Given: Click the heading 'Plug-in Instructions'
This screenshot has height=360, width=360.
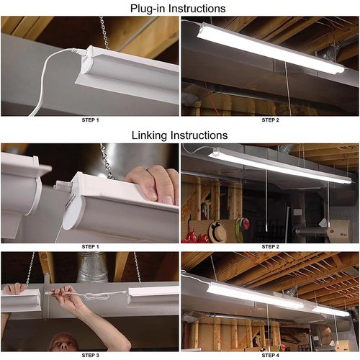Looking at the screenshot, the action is [178, 9].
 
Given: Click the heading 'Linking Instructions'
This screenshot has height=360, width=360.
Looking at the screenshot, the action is [179, 135].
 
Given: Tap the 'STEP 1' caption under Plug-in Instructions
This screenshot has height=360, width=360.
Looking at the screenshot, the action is [90, 120].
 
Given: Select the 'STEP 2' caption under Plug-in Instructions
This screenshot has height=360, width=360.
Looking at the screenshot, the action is [271, 120].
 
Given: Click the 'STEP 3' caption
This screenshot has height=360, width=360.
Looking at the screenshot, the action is [90, 355].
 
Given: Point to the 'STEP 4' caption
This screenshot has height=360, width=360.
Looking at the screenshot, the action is [271, 355].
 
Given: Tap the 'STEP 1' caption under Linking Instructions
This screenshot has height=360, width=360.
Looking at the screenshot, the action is [90, 246].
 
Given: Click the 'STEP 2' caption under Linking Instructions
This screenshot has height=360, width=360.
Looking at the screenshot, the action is [271, 246].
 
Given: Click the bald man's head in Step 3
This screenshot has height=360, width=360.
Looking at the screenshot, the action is [63, 342].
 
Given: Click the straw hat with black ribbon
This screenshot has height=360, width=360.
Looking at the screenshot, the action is [217, 231].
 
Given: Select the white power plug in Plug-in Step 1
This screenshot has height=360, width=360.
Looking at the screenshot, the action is [77, 51].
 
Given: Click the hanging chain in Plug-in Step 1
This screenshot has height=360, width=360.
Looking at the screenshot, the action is [104, 32].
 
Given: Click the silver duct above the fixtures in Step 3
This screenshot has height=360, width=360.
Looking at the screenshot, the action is [92, 267].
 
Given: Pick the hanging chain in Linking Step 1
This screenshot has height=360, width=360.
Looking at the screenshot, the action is [107, 161].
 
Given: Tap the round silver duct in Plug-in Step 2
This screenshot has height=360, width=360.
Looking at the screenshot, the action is [329, 53].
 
